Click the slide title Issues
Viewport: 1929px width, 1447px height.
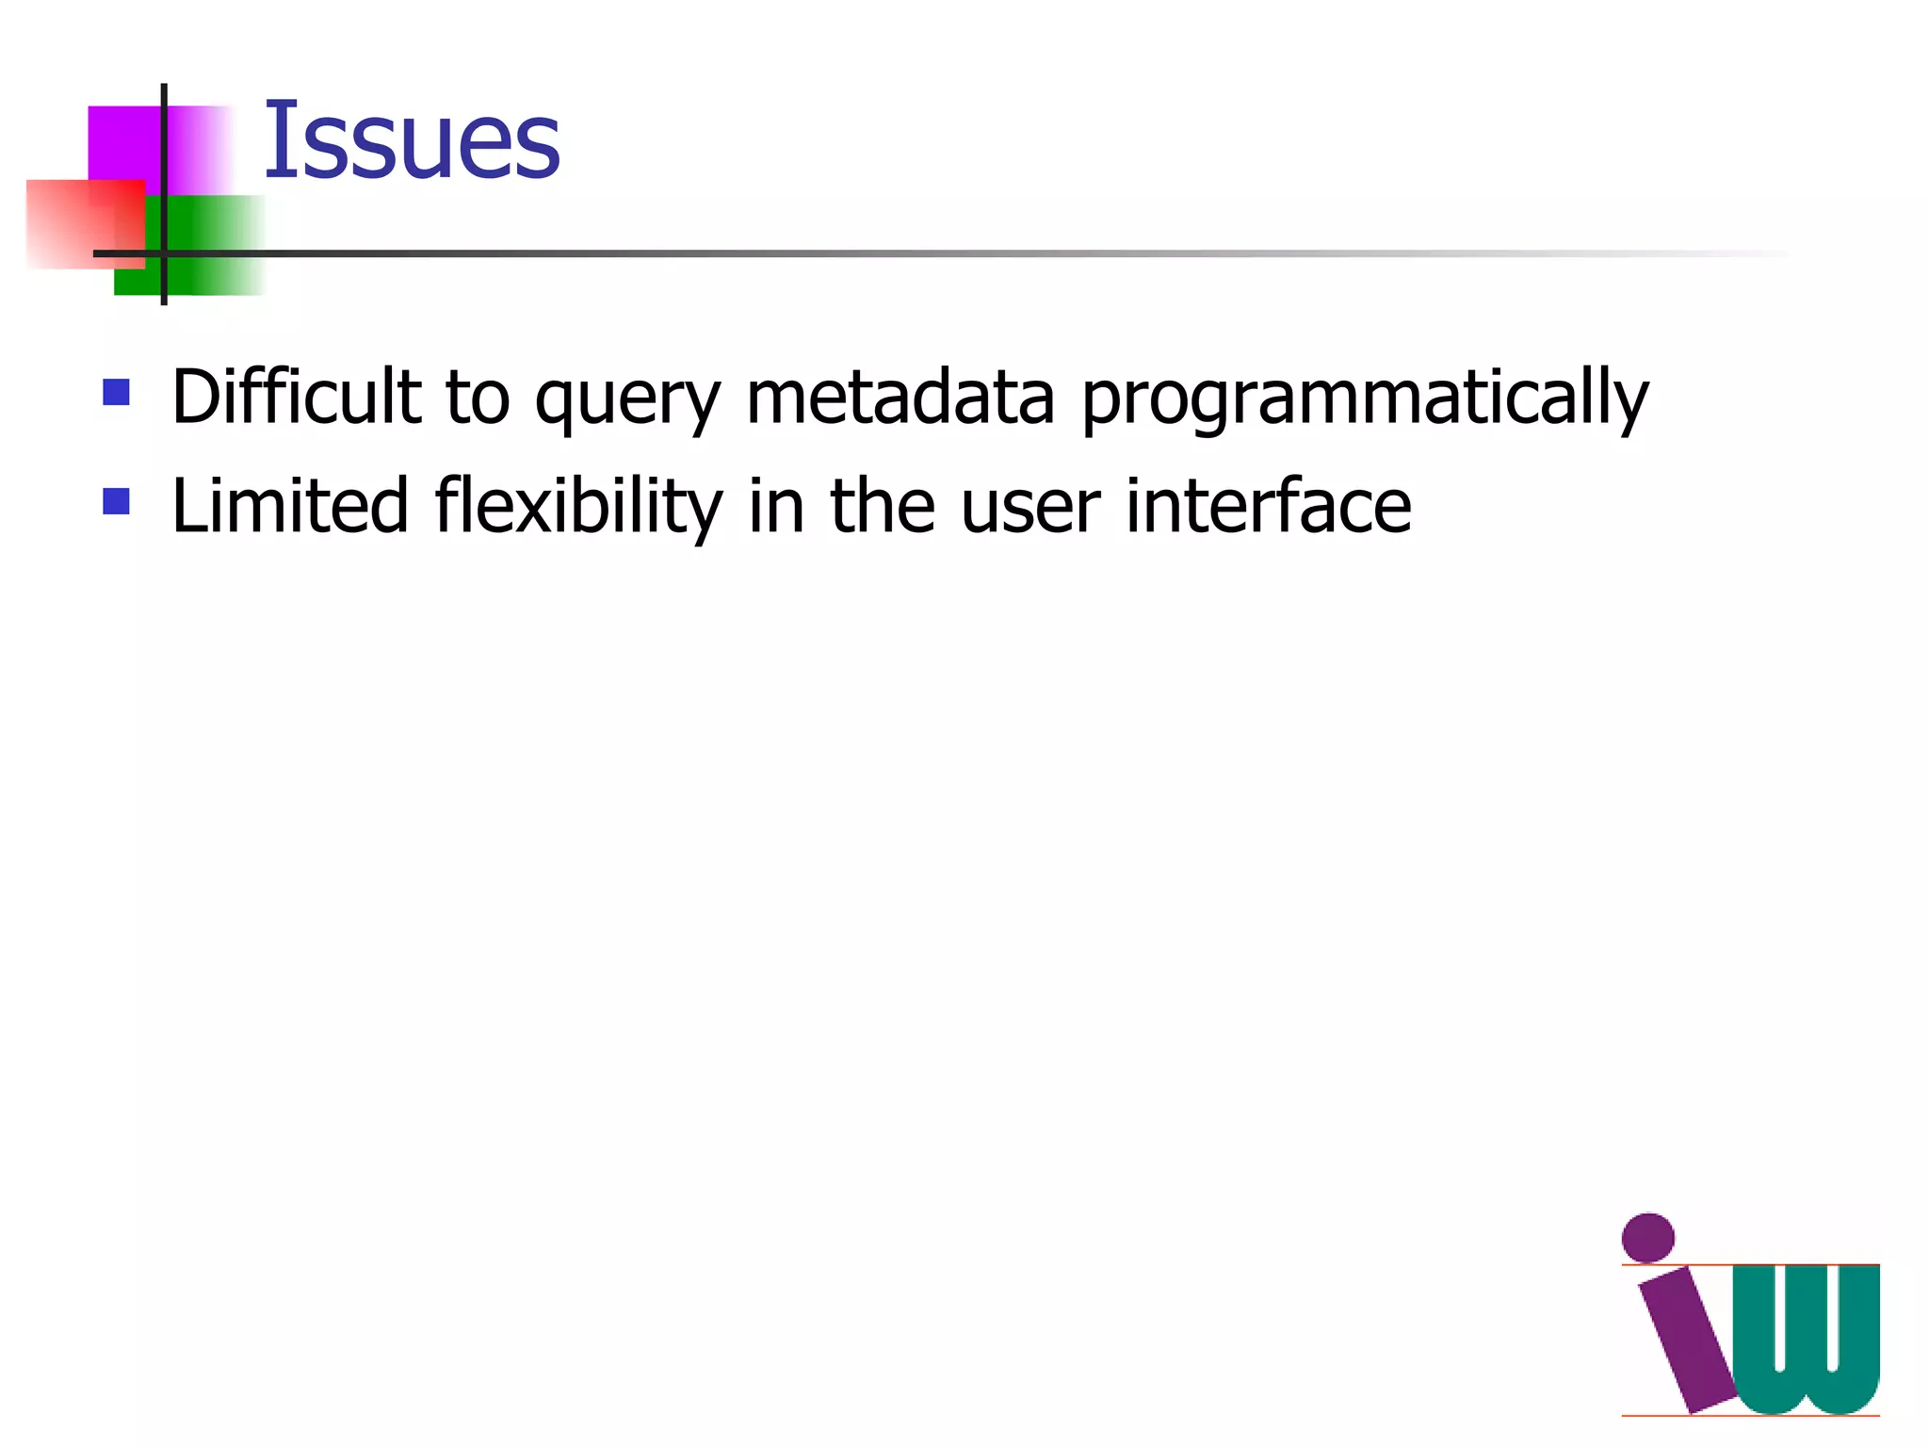tap(412, 141)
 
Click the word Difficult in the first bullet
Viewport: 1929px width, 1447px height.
tap(296, 398)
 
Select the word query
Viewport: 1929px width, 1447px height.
tap(627, 399)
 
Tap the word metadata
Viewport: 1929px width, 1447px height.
tap(900, 398)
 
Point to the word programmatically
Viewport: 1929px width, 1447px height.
tap(1364, 399)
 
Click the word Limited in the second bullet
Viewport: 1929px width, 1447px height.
tap(289, 507)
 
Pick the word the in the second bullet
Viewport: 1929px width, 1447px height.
tap(883, 507)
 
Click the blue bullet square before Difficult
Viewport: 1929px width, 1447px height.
tap(116, 392)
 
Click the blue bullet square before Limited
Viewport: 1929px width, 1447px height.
tap(116, 501)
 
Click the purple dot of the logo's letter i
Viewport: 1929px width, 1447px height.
tap(1647, 1237)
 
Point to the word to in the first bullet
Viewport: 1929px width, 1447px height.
tap(477, 398)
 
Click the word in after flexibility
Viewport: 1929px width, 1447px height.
tap(776, 507)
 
